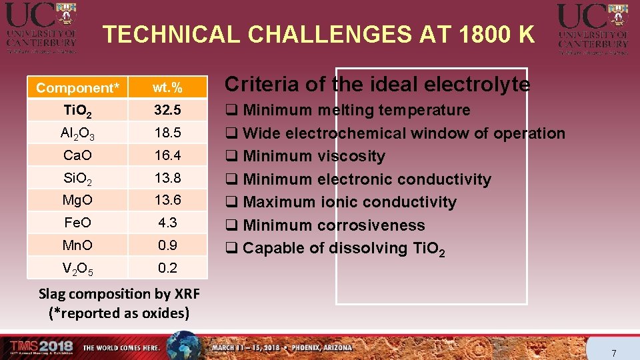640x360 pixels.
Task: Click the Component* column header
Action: (77, 88)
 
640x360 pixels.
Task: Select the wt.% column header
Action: (167, 87)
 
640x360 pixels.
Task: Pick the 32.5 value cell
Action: (167, 110)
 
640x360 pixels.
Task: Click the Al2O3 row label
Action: (77, 133)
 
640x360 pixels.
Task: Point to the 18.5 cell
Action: (167, 133)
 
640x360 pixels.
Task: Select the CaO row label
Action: (77, 155)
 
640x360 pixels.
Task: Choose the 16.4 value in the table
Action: (167, 155)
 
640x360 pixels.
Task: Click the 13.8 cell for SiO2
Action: (167, 178)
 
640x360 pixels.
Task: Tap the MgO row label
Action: (77, 200)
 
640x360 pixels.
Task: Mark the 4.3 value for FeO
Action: (167, 223)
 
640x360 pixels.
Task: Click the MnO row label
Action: (77, 245)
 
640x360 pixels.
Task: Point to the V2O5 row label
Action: (77, 269)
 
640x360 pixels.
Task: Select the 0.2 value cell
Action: (167, 268)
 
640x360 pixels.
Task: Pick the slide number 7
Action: (614, 353)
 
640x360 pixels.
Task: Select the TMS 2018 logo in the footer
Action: (40, 347)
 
